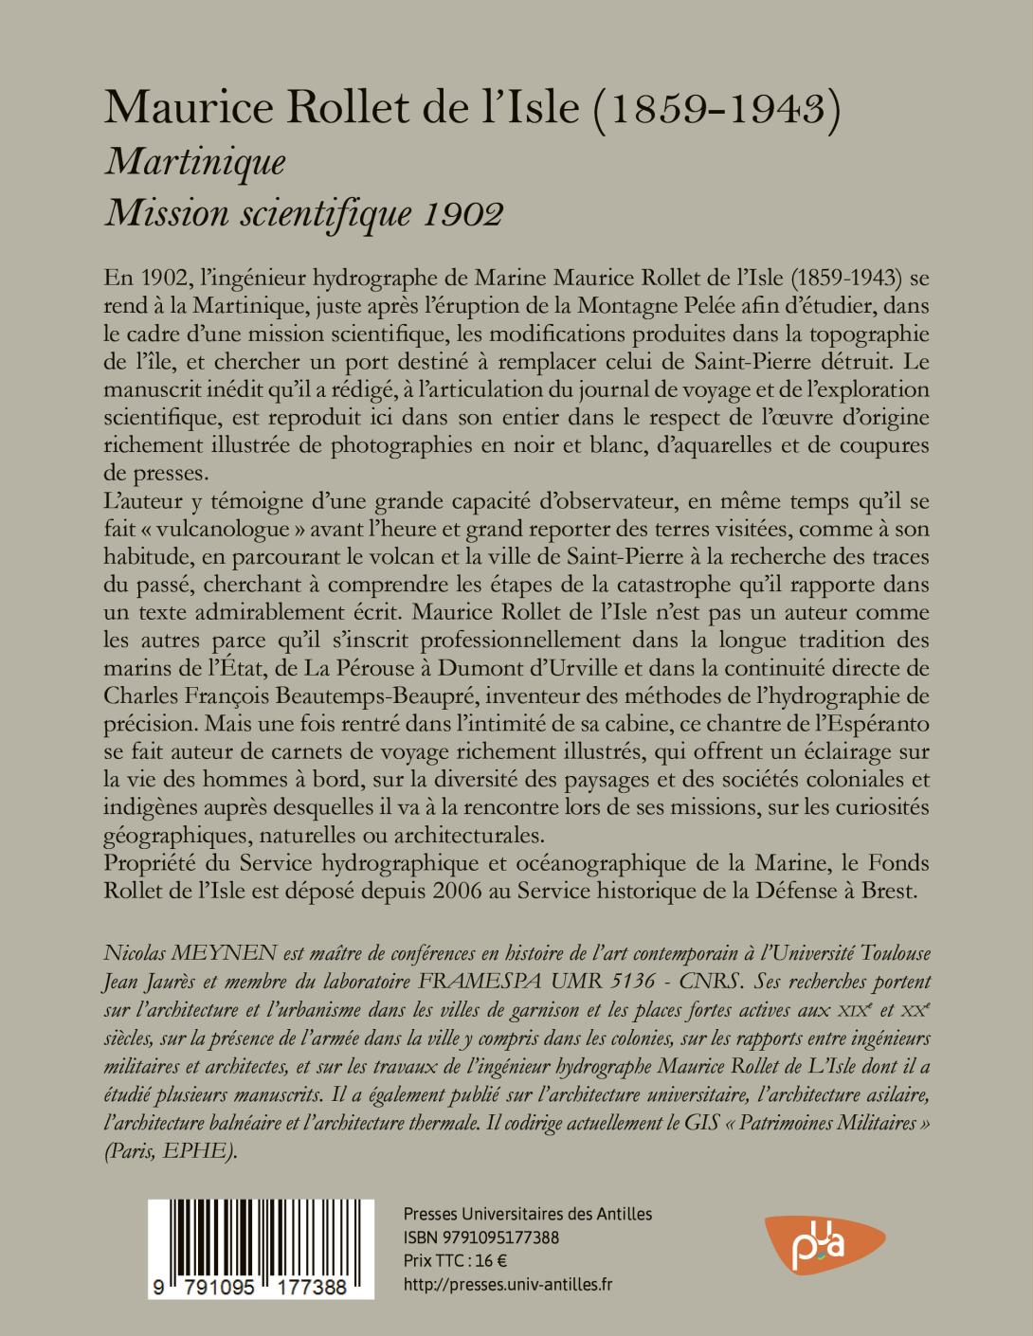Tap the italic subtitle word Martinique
click(x=196, y=163)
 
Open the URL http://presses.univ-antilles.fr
click(x=508, y=1284)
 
